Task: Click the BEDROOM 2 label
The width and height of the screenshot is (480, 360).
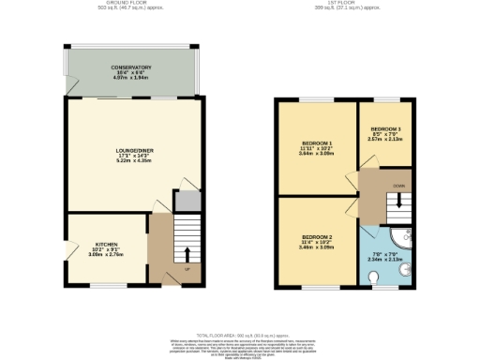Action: (315, 236)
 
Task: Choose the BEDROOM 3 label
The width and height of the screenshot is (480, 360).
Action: (384, 128)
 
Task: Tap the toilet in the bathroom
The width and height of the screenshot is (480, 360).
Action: (374, 276)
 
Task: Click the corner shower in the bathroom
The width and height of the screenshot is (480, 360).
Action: (404, 238)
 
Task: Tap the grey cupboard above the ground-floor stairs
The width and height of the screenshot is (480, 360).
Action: (186, 201)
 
